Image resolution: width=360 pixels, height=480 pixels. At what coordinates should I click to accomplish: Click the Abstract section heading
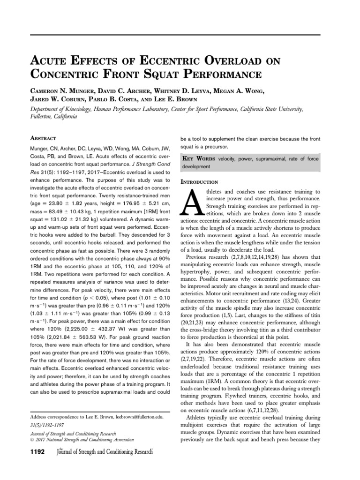pyautogui.click(x=44, y=139)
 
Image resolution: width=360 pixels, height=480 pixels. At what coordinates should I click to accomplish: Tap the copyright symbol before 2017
pyautogui.click(x=32, y=440)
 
